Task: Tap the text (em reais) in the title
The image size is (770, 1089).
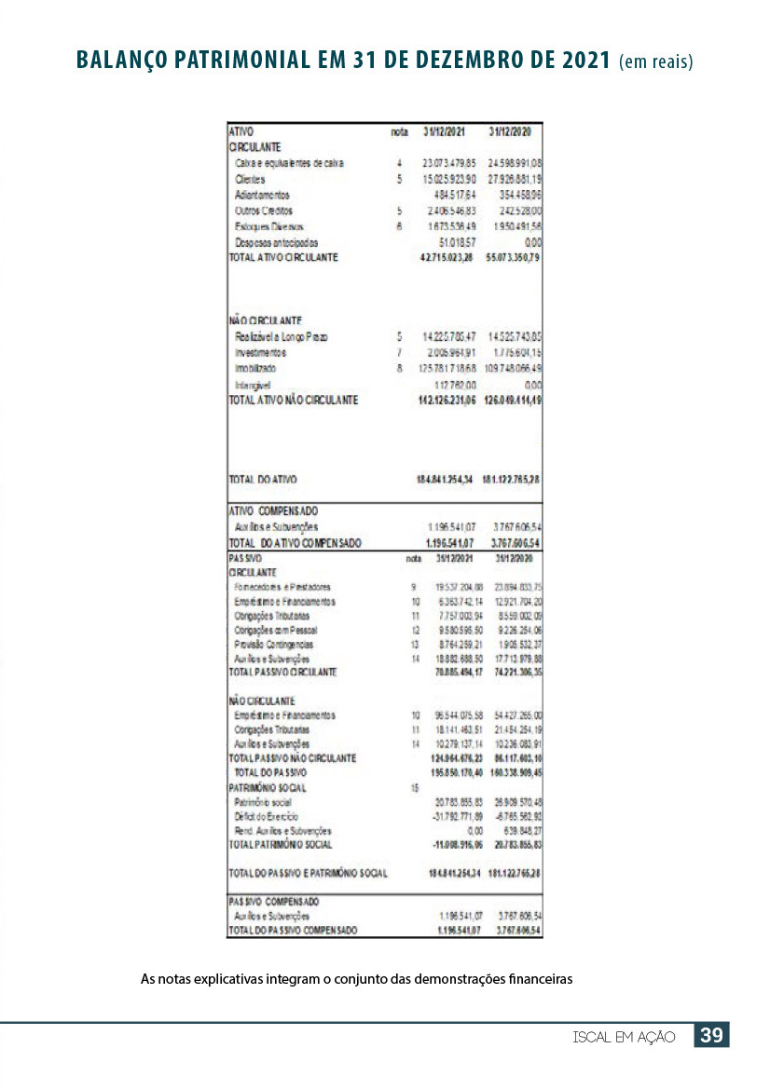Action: click(x=655, y=62)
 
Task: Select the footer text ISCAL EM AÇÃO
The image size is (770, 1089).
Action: click(x=625, y=1037)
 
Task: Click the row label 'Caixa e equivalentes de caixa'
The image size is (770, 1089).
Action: click(x=289, y=163)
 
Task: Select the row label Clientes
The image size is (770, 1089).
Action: click(x=250, y=179)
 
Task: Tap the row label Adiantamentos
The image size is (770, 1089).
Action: click(x=262, y=195)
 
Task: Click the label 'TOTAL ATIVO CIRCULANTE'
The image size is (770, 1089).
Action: click(x=283, y=256)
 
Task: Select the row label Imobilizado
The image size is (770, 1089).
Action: click(x=255, y=368)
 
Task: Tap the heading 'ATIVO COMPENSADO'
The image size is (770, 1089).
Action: click(x=273, y=511)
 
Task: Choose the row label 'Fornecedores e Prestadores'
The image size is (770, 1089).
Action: click(x=282, y=587)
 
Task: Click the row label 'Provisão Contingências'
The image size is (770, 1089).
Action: click(x=274, y=644)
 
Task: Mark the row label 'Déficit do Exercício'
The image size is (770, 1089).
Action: click(x=266, y=816)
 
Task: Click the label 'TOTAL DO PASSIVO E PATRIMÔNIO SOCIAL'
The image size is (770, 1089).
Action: click(x=308, y=873)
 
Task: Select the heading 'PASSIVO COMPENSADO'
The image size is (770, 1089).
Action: click(x=274, y=902)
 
